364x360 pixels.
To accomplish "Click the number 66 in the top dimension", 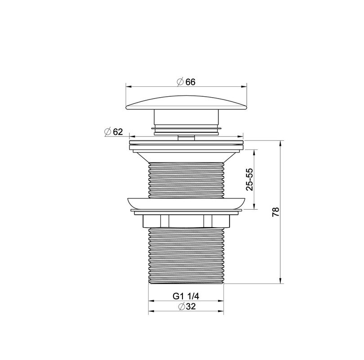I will pyautogui.click(x=190, y=81).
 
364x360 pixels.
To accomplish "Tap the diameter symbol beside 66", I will pyautogui.click(x=179, y=81).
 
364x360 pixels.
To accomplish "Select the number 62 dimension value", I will pyautogui.click(x=118, y=131).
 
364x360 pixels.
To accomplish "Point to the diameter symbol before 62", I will pyautogui.click(x=107, y=131).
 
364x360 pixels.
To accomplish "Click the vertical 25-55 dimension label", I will pyautogui.click(x=249, y=180).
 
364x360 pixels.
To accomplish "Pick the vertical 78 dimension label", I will pyautogui.click(x=275, y=212).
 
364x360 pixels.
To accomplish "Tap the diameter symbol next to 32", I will pyautogui.click(x=182, y=306).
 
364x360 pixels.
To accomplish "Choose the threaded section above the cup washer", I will pyautogui.click(x=186, y=180).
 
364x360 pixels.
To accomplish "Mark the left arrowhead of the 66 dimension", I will pyautogui.click(x=128, y=86).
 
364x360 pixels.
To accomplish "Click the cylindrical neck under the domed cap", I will pyautogui.click(x=186, y=118).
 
